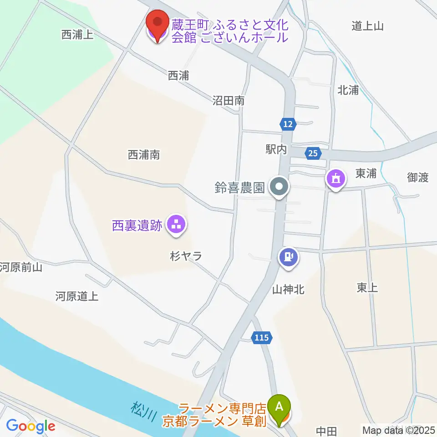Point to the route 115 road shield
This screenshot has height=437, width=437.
click(x=262, y=338)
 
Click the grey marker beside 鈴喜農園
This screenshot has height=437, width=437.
click(x=279, y=187)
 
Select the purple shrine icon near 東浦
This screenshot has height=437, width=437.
click(x=335, y=178)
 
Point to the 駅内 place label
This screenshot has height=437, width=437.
click(x=277, y=150)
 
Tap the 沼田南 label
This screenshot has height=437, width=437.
click(x=229, y=101)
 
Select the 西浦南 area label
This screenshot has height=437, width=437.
click(x=144, y=155)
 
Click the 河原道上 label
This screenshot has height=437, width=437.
click(x=76, y=297)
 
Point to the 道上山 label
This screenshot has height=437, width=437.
click(x=367, y=26)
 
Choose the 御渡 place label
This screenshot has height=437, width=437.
click(x=418, y=178)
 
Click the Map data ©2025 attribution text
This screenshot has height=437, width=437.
click(x=398, y=430)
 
